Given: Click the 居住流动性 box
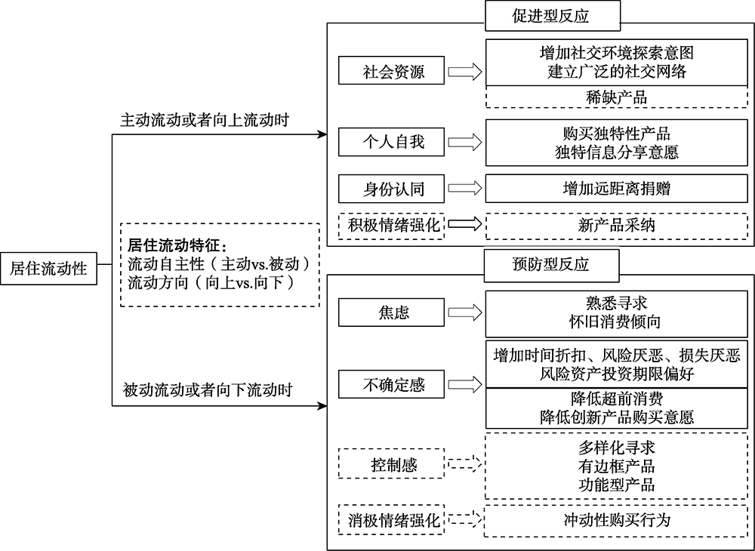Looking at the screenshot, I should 48,268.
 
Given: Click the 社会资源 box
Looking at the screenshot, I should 392,72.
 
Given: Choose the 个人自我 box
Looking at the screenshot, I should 392,141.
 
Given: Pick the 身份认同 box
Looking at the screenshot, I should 392,188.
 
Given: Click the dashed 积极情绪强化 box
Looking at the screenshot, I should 392,225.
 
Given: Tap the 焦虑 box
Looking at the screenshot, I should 392,312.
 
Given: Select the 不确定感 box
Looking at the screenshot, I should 392,386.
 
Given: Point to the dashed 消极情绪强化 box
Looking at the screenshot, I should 392,519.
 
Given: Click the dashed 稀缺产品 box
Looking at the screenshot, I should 616,97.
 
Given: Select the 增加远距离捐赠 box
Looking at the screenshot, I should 616,188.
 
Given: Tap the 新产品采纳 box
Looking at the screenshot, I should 616,225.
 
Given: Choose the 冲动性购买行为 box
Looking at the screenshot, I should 616,519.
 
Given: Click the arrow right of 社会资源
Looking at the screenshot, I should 464,72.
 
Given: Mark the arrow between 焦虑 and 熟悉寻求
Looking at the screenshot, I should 464,312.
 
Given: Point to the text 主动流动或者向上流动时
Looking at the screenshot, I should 206,121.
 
